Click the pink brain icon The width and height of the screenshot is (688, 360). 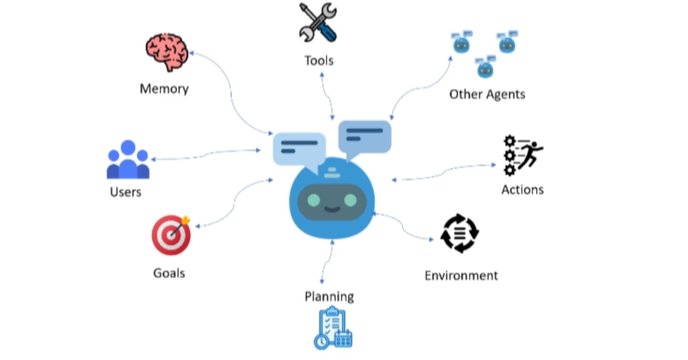click(165, 52)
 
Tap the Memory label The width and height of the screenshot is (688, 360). click(164, 89)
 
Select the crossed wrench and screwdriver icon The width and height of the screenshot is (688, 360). click(318, 24)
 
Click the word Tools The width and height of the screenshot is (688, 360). click(318, 61)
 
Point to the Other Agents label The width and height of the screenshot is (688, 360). click(487, 94)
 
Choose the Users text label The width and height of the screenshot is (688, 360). click(126, 192)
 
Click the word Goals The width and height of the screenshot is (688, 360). click(169, 273)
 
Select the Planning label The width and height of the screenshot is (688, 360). click(329, 296)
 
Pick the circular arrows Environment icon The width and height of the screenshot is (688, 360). click(460, 234)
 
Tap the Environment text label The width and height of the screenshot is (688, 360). click(461, 275)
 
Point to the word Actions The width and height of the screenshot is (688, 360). click(522, 189)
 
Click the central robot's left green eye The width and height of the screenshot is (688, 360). click(314, 200)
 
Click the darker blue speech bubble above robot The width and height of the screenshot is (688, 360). click(364, 136)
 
